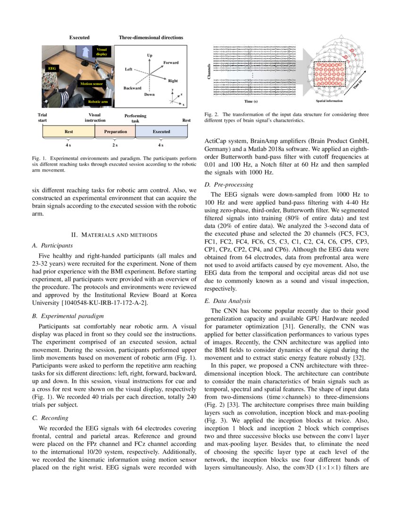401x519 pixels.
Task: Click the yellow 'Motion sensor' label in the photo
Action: (92, 84)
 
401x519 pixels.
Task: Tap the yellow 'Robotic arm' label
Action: (99, 101)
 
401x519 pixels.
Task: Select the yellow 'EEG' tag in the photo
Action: (52, 69)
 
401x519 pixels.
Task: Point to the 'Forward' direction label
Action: (171, 63)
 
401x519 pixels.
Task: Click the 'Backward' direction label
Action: (132, 88)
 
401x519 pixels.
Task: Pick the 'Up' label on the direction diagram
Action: (150, 55)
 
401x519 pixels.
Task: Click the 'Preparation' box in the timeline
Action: (115, 132)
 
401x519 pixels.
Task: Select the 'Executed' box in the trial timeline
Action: (161, 132)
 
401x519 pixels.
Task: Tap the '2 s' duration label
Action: (115, 145)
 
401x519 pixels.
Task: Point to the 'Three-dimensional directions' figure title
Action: (150, 37)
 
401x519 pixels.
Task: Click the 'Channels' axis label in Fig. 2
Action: (209, 71)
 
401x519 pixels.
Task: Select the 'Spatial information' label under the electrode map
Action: (329, 101)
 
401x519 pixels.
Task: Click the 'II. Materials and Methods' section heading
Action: (114, 234)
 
